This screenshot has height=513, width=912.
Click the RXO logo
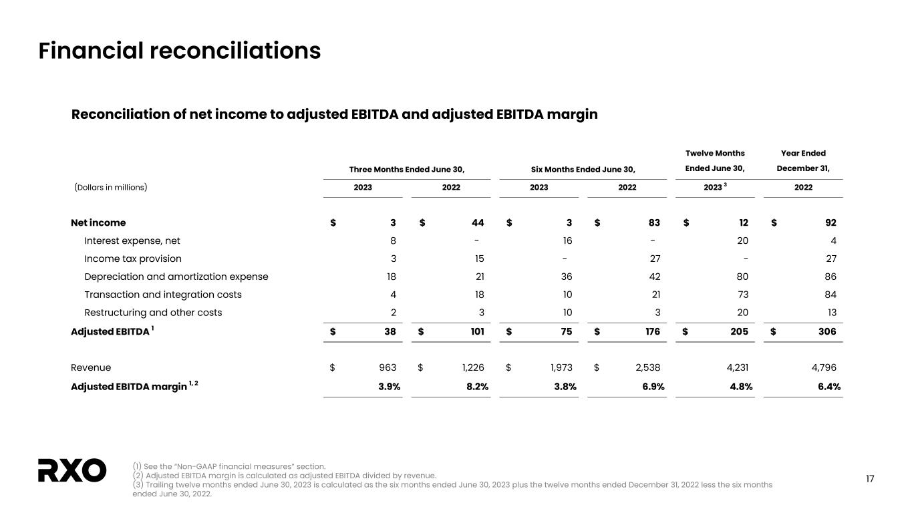pos(72,470)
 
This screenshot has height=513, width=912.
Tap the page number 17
pos(870,478)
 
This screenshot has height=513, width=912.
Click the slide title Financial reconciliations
pos(180,51)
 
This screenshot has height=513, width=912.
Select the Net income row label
pos(98,222)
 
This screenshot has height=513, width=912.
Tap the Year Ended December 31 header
pos(803,161)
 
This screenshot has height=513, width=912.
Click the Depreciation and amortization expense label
pos(176,277)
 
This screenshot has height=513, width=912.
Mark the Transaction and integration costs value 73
pos(742,295)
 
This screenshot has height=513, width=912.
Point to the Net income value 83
pos(653,222)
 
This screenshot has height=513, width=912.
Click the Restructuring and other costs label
pos(153,313)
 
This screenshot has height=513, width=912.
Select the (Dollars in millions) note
pos(110,187)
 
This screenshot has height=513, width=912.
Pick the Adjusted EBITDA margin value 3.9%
pos(386,386)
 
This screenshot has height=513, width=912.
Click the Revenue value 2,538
pos(646,367)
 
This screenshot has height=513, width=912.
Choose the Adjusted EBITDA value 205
pos(738,331)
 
